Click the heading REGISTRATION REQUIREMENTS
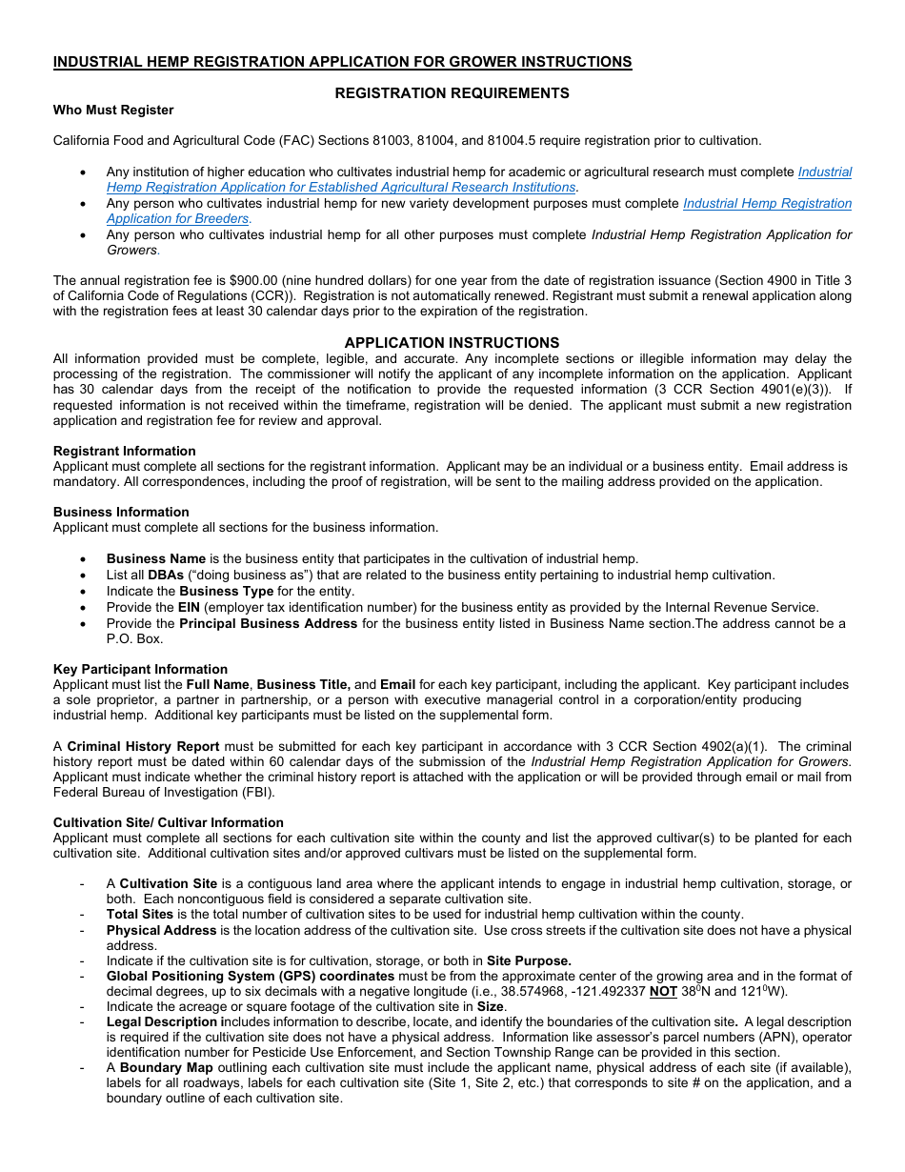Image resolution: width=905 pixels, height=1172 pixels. [x=452, y=93]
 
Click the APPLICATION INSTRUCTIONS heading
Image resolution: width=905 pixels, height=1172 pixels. [x=452, y=343]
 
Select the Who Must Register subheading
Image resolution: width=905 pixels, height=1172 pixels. [x=113, y=110]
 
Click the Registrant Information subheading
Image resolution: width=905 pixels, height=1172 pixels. [x=125, y=451]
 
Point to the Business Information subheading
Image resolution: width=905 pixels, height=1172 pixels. [x=121, y=512]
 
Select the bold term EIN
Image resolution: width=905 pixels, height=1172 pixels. [x=190, y=607]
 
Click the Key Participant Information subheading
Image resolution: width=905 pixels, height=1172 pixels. [x=140, y=669]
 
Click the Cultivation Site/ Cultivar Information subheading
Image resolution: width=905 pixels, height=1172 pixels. [x=169, y=822]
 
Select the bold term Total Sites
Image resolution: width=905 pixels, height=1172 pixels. [x=140, y=915]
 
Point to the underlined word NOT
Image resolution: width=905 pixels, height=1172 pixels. [x=663, y=991]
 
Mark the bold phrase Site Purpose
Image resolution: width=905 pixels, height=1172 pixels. [x=529, y=960]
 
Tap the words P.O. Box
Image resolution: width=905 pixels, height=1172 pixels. [x=134, y=638]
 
